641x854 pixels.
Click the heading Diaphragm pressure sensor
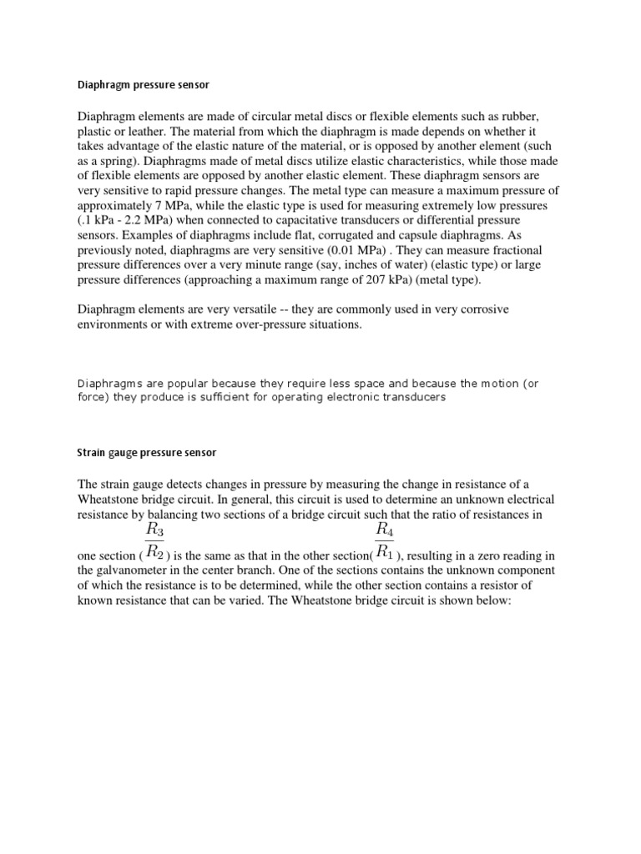tap(147, 84)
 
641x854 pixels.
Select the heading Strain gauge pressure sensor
tap(147, 452)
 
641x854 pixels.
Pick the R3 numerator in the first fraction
tap(155, 529)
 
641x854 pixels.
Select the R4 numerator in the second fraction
tap(385, 529)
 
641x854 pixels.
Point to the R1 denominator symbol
tap(385, 551)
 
